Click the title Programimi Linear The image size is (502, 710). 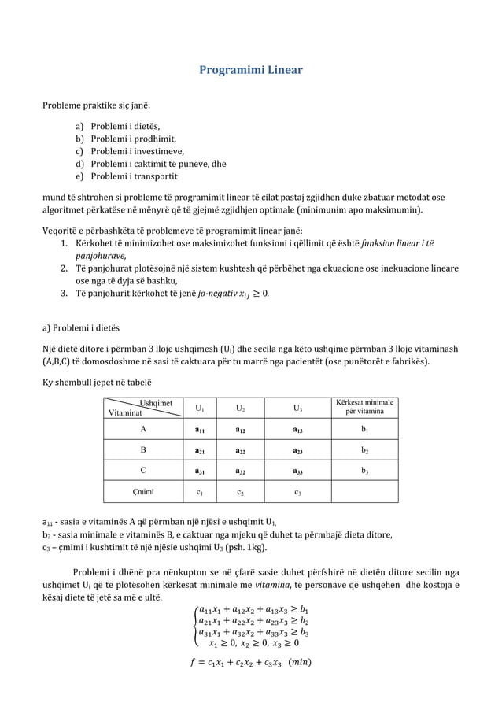click(x=250, y=70)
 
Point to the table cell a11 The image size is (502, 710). click(x=201, y=431)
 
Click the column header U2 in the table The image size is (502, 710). click(x=239, y=409)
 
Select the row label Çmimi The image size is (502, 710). click(x=142, y=493)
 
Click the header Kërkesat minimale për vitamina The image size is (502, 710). click(x=365, y=407)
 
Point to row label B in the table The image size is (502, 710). click(x=142, y=451)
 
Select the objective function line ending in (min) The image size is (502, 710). click(x=250, y=660)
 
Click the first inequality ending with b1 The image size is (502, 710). click(x=253, y=608)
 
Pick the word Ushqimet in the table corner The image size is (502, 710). click(x=155, y=402)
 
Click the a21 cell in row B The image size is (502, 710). click(x=201, y=451)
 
